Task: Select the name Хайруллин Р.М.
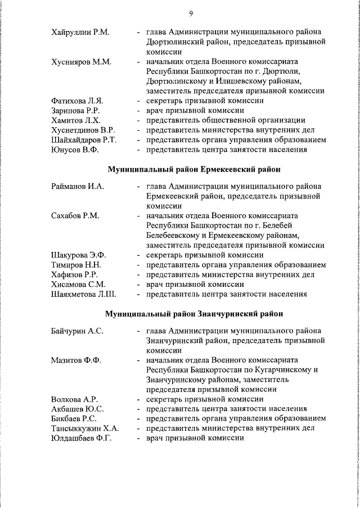[x=80, y=32]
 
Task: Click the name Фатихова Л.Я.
[x=77, y=101]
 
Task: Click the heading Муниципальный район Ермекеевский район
[x=194, y=169]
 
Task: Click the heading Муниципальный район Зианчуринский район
[x=194, y=314]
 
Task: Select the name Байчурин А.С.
[x=77, y=331]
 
